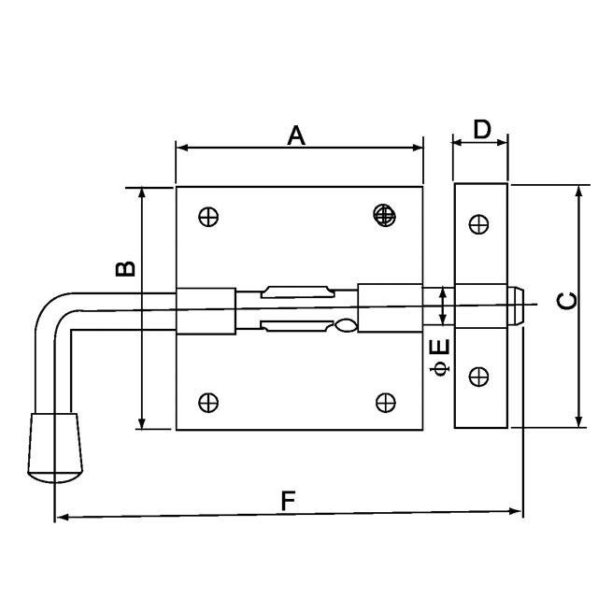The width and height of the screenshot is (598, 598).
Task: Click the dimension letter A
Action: (x=296, y=136)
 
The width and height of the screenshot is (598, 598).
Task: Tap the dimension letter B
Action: (x=125, y=269)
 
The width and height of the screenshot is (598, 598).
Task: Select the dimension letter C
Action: (x=566, y=300)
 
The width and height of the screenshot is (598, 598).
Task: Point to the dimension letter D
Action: (x=481, y=130)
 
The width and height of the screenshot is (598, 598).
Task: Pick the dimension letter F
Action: (x=289, y=501)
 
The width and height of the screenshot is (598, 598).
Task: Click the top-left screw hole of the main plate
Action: (x=208, y=217)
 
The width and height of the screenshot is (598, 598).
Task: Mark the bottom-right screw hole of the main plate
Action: (x=385, y=402)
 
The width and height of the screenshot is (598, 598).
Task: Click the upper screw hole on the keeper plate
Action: (x=478, y=224)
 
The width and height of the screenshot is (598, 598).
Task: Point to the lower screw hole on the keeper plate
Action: (x=478, y=377)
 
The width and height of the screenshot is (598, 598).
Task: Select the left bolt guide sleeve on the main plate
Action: (x=206, y=310)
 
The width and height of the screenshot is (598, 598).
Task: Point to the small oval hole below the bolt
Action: (x=345, y=326)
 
